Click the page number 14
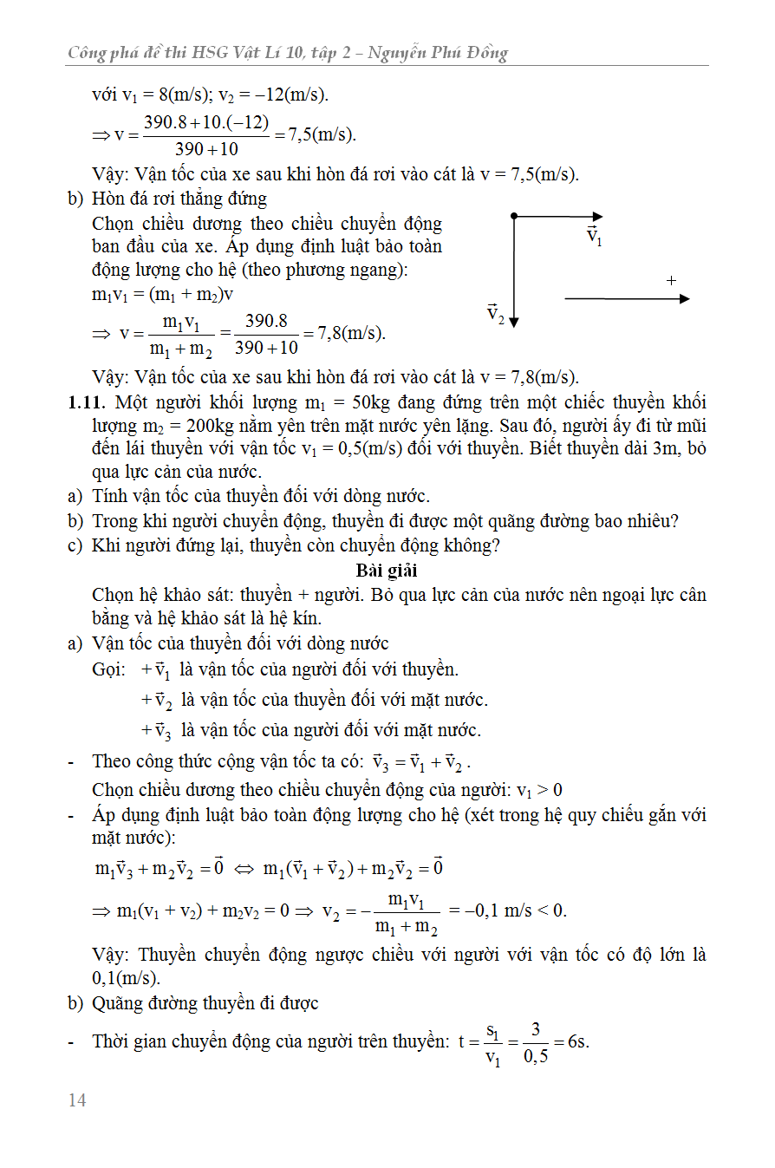click(x=77, y=1100)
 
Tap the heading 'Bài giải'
click(x=387, y=571)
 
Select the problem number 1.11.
click(x=87, y=402)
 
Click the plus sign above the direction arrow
click(x=671, y=280)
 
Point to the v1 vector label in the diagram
click(x=594, y=236)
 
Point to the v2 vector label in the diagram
click(x=495, y=313)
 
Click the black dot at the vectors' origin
click(x=514, y=216)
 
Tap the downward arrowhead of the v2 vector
click(x=514, y=321)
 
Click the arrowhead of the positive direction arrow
click(x=684, y=298)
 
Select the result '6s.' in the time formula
click(x=577, y=1041)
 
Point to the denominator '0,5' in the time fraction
click(x=536, y=1057)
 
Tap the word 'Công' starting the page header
click(x=88, y=53)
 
